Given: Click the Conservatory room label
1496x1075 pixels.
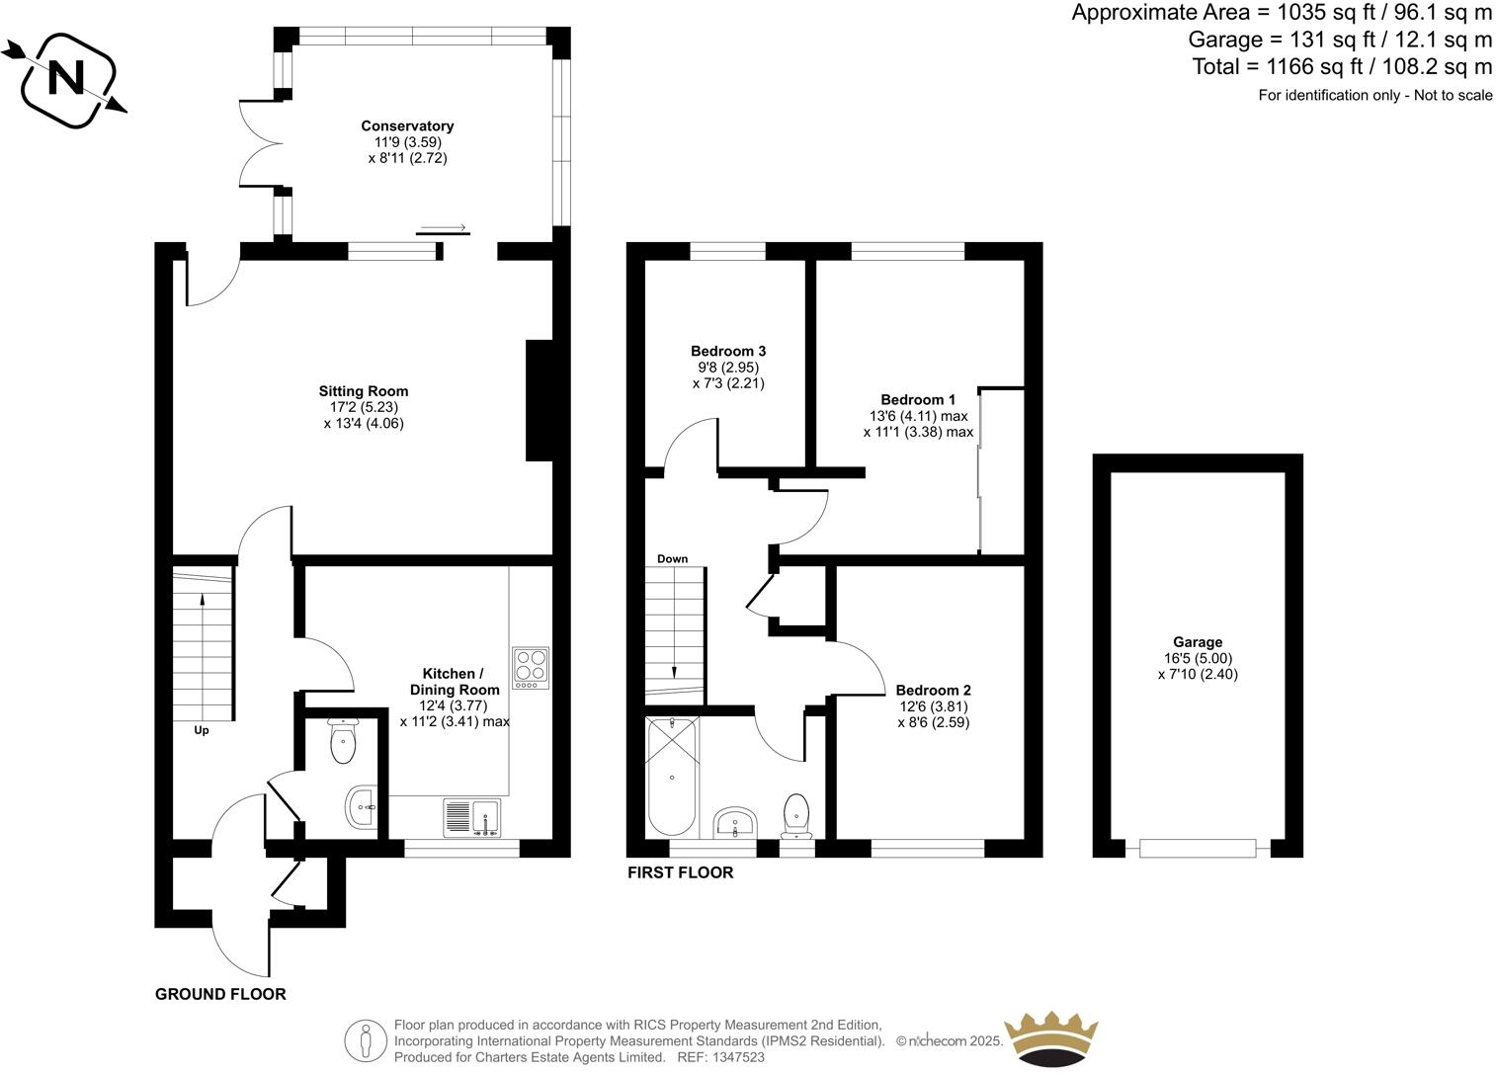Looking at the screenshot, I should click(x=407, y=126).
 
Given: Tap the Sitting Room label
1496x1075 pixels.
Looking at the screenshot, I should click(x=363, y=391).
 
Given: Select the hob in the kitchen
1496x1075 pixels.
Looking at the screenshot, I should click(x=531, y=668).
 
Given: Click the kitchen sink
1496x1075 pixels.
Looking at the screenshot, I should click(x=472, y=817).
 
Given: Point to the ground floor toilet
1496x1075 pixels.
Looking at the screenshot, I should click(x=343, y=743).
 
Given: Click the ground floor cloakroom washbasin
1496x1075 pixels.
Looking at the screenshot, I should click(x=363, y=807).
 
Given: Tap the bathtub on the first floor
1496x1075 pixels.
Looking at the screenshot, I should click(x=672, y=777).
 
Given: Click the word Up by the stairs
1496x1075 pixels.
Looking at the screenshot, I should click(x=201, y=731).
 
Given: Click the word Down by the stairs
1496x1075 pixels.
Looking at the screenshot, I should click(x=672, y=559).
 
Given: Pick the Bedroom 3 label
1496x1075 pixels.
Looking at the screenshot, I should click(x=728, y=351).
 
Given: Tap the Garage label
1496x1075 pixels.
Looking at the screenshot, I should click(x=1198, y=642).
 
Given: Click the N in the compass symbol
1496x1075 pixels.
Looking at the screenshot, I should click(x=67, y=78).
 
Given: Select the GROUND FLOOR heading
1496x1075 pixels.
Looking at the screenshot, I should click(x=220, y=994).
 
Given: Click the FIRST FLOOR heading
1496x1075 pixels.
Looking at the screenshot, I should click(x=681, y=872).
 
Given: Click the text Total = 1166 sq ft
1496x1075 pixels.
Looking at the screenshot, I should click(x=1294, y=67).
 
